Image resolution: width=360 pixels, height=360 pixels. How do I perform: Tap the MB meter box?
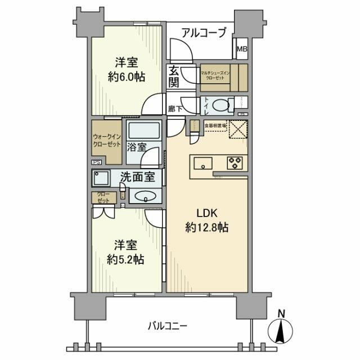[x=242, y=49]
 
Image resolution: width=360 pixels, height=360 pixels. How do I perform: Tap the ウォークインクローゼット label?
[x=105, y=140]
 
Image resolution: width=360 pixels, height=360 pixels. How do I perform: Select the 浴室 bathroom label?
[x=137, y=147]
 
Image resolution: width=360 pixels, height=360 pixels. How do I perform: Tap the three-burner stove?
[x=234, y=163]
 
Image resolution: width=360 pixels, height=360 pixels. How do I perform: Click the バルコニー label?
[x=168, y=325]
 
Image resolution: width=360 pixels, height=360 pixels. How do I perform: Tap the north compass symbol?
[x=281, y=329]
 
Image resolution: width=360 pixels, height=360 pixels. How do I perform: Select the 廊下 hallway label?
[x=175, y=109]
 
